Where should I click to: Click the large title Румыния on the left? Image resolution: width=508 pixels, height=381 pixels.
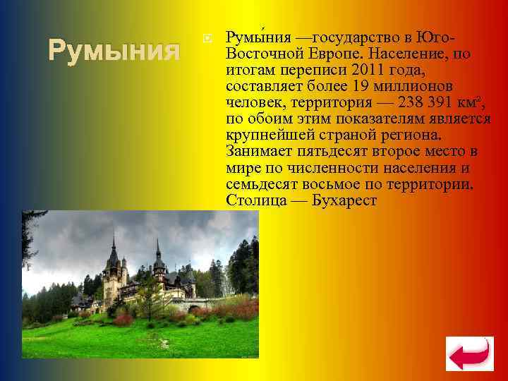pyautogui.click(x=114, y=51)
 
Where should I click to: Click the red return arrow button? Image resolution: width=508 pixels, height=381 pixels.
pyautogui.click(x=469, y=353)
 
